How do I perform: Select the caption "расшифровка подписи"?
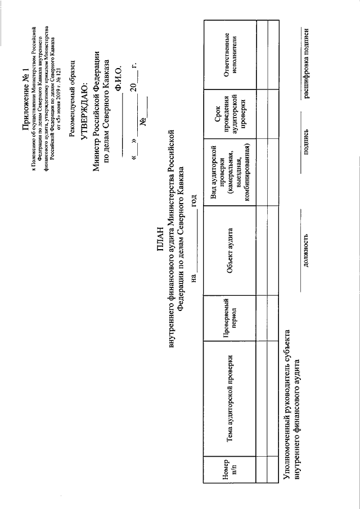tap(307, 51)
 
